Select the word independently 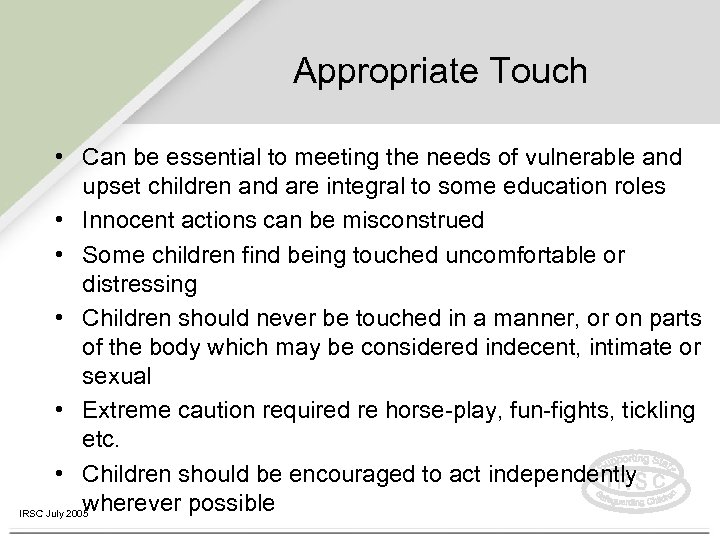(556, 472)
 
